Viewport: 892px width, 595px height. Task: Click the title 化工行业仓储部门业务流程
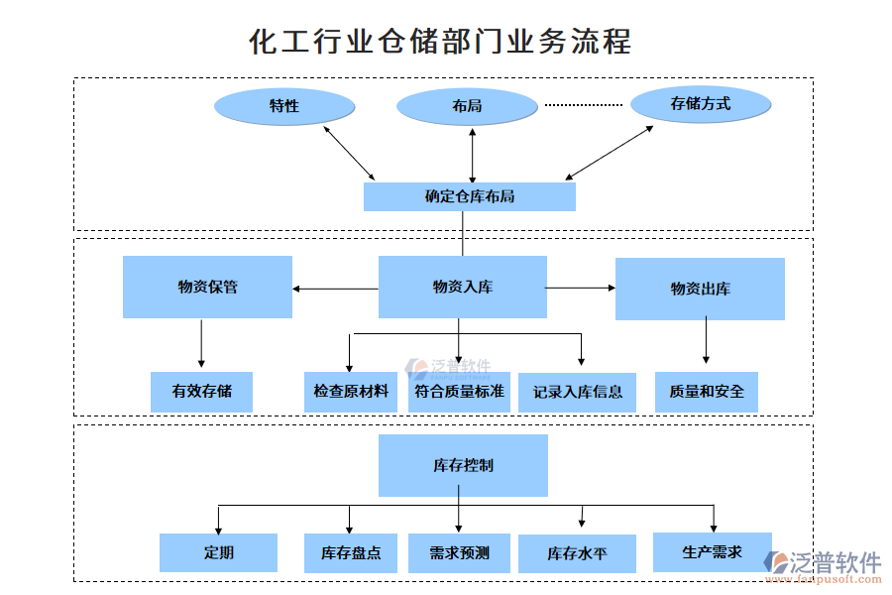440,42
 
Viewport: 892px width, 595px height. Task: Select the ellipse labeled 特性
284,106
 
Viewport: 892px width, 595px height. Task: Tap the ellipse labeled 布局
467,105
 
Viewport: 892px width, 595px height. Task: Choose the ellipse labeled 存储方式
701,103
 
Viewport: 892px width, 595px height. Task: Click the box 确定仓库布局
469,196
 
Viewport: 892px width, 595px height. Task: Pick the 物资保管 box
207,288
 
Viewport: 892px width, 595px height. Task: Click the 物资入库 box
462,288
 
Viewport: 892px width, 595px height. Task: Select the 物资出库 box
700,290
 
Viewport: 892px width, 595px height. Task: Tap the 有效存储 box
201,392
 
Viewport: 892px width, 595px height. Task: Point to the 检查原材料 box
351,392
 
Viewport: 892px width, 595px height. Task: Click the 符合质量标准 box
459,392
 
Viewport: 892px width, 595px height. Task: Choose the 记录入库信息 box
577,393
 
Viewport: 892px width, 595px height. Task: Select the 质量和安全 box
707,392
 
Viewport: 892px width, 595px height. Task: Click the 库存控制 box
463,465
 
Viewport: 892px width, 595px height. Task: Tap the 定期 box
218,552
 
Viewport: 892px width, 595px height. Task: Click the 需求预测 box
459,553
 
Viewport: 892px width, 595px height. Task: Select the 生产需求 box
712,551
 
